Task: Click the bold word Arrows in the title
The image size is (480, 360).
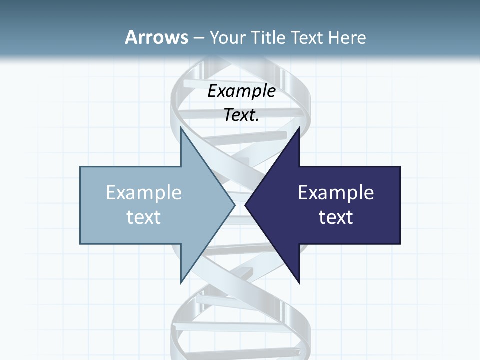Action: coord(156,37)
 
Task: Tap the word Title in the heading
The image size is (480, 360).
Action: coord(267,37)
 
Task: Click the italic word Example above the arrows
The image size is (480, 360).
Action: coord(242,91)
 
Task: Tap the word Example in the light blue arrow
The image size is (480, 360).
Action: coord(144,193)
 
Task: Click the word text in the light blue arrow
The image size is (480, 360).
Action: coord(144,217)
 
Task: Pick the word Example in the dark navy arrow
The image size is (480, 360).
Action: coord(336,193)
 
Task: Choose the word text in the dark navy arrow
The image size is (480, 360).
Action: coord(336,217)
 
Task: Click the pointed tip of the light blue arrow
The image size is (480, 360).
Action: coord(235,205)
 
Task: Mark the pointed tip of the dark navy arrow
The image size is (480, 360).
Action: coord(245,205)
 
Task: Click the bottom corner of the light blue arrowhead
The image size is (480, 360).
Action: coord(181,283)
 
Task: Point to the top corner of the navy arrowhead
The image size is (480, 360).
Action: coord(299,127)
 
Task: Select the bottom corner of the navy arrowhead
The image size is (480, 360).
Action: coord(299,283)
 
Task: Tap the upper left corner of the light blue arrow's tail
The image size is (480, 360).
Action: coord(81,167)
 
